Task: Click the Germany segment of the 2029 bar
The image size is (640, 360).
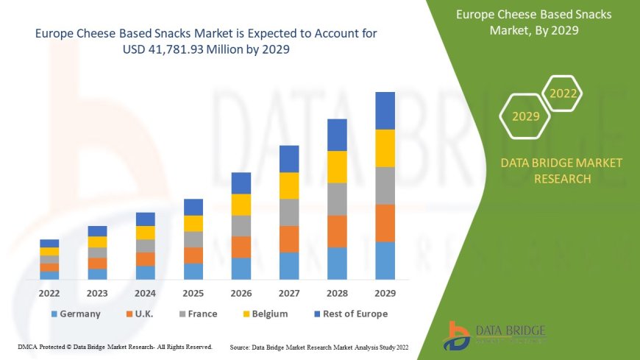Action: click(x=385, y=261)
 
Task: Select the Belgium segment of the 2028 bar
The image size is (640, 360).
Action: click(x=337, y=166)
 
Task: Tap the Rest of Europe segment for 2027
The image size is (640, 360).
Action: click(x=289, y=159)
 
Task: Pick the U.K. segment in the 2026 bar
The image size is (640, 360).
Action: click(x=241, y=247)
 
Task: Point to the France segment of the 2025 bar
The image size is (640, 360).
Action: click(x=193, y=239)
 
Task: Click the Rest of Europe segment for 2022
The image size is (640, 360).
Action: click(x=49, y=243)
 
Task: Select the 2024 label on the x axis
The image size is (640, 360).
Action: click(x=145, y=293)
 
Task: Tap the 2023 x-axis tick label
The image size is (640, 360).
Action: click(x=97, y=293)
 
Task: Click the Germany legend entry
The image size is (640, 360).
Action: click(x=76, y=314)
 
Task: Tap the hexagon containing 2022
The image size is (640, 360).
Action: click(x=563, y=93)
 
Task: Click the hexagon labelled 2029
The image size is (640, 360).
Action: click(x=525, y=116)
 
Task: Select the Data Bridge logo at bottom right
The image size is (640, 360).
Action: click(x=495, y=336)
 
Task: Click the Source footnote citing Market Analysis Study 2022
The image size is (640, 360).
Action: click(x=319, y=346)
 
